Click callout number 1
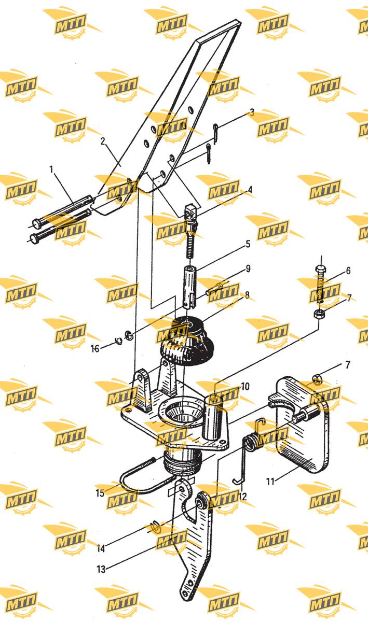[x=51, y=169]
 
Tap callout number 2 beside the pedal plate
[x=103, y=142]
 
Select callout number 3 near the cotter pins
[x=252, y=112]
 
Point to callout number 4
[x=250, y=190]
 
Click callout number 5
[x=248, y=244]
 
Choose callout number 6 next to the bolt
[x=348, y=271]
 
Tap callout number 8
[x=247, y=295]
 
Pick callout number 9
[x=248, y=268]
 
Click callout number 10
[x=245, y=386]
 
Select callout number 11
[x=270, y=481]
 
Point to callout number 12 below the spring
[x=242, y=497]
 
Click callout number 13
[x=101, y=569]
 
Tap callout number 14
[x=101, y=548]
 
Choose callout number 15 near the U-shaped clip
[x=100, y=493]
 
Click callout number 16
[x=95, y=348]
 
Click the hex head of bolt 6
[x=319, y=269]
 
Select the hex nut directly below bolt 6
[x=318, y=314]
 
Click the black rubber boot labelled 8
[x=186, y=342]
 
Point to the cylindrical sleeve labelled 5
[x=189, y=287]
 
